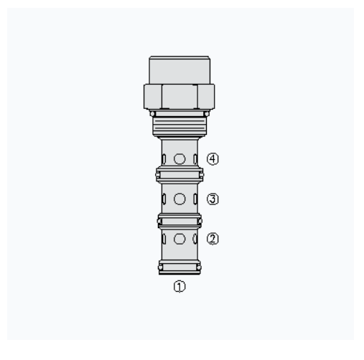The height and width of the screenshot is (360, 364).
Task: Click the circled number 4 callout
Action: (x=213, y=159)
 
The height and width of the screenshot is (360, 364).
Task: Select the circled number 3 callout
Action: (x=213, y=199)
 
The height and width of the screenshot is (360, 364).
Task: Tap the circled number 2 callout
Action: (x=213, y=239)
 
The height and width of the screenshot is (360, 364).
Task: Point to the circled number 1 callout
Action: (x=179, y=286)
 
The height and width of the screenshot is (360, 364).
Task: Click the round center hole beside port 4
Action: (x=179, y=159)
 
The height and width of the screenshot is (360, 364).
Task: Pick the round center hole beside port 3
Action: (x=179, y=199)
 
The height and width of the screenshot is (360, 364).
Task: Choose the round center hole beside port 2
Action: (x=179, y=239)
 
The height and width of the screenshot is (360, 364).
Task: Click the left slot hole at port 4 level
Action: (x=164, y=159)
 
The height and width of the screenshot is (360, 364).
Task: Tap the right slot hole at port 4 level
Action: (x=195, y=159)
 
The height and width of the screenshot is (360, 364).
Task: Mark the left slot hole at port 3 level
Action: (x=164, y=199)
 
